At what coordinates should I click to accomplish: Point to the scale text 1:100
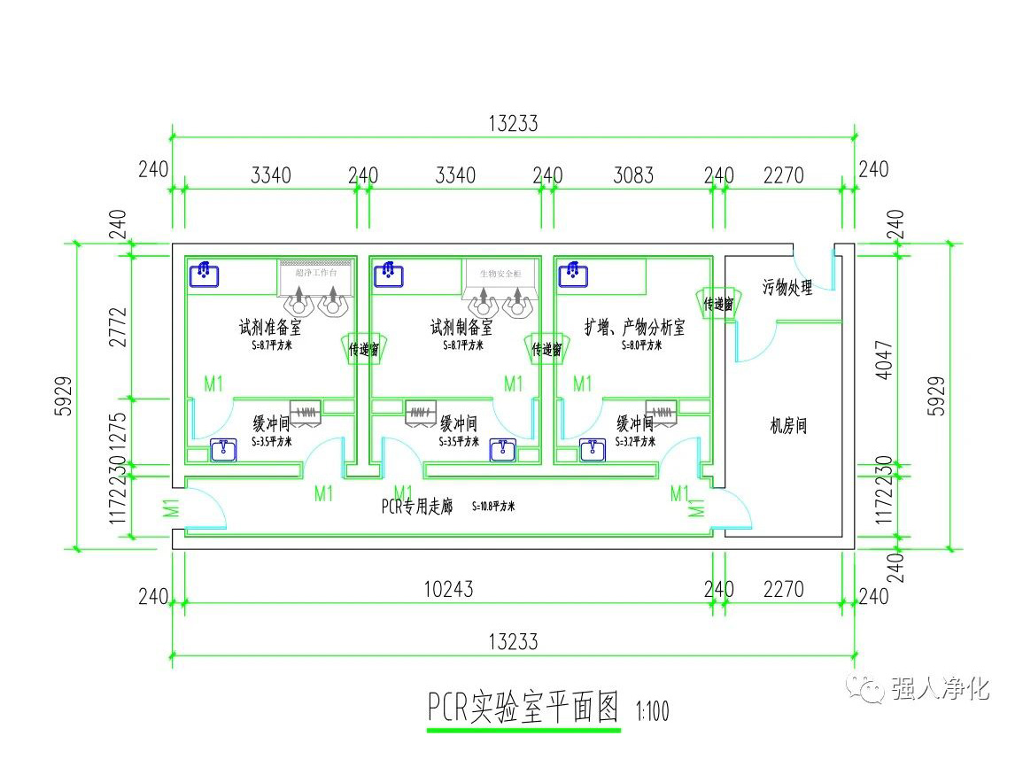[652, 711]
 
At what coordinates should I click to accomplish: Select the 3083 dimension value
[633, 175]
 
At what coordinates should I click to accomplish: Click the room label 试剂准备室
[270, 328]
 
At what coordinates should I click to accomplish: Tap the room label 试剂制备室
[461, 328]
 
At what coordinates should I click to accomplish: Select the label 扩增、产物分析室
[634, 328]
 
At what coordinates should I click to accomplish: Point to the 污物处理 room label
[787, 288]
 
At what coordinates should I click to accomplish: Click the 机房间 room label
[788, 426]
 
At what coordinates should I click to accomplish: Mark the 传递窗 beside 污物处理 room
[717, 305]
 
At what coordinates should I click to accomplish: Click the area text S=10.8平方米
[493, 507]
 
